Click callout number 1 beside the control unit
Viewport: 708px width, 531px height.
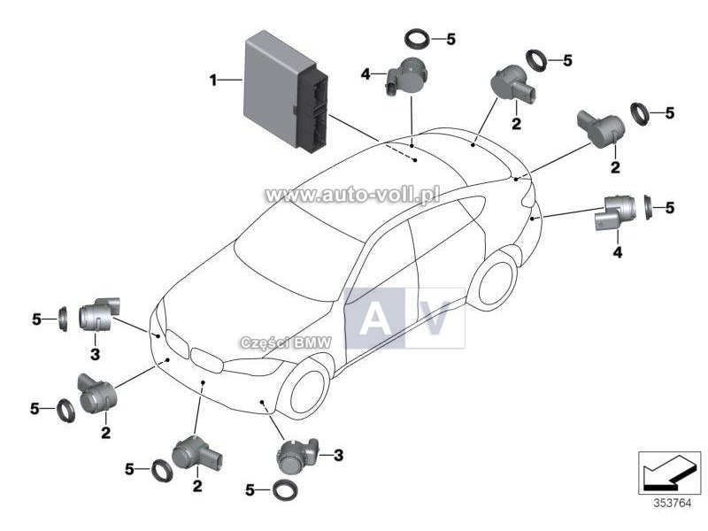pos(213,81)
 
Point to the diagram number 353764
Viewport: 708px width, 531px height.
pos(673,503)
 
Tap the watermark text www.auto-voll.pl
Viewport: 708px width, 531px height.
pos(352,195)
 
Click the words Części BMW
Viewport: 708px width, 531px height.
pos(286,343)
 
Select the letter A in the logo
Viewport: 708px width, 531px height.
pos(374,319)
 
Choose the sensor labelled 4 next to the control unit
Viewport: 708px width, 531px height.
pos(407,75)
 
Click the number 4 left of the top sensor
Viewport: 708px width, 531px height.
pos(366,73)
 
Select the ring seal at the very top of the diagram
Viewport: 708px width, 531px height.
pos(417,39)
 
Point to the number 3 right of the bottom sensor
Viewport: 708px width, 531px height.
pos(339,455)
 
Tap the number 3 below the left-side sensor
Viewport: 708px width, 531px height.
pos(95,354)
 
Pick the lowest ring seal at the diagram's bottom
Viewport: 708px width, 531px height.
pos(284,490)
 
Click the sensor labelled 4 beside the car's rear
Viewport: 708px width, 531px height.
pos(615,213)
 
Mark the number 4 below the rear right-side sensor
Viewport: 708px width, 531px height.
pos(617,252)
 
